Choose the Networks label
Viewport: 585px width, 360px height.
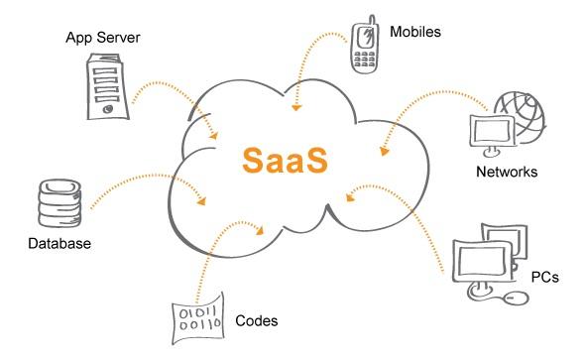point(506,172)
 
